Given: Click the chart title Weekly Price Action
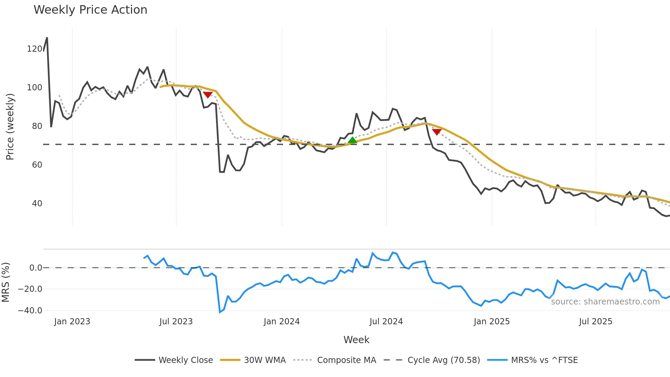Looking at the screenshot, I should [x=90, y=10].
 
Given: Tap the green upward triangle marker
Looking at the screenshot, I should [x=352, y=140].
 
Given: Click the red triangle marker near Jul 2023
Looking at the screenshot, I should [x=208, y=95].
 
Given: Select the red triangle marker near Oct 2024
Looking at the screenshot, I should [x=437, y=132].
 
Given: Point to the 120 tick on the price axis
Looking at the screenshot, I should [x=35, y=49].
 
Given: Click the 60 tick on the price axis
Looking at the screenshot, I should [x=37, y=165].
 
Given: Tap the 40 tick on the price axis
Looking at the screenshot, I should [x=37, y=204].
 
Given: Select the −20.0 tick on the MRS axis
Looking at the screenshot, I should [x=30, y=289].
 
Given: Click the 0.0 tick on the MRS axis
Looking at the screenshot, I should [x=36, y=268].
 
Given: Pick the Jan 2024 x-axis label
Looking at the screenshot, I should [x=282, y=322].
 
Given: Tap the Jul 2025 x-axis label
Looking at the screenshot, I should [x=595, y=322].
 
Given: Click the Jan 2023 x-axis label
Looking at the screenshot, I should [x=72, y=322].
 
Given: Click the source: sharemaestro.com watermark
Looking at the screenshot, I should [x=605, y=302].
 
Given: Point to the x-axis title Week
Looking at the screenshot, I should [x=356, y=340].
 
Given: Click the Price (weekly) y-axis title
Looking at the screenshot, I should [x=10, y=127].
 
